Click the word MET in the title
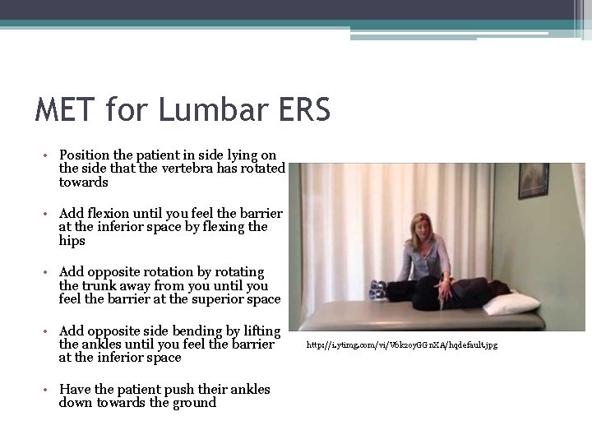pos(65,109)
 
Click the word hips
pos(72,241)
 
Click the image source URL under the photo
pos(402,345)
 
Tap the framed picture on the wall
pos(533,179)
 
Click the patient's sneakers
pos(378,289)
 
